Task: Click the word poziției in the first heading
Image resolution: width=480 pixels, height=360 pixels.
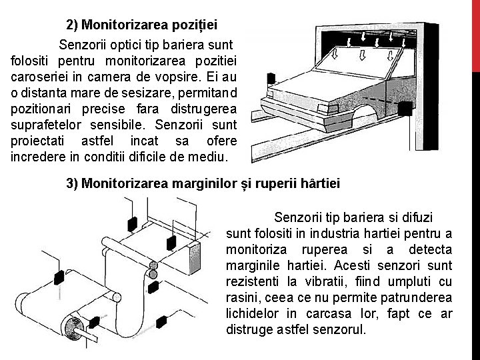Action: [194, 25]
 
